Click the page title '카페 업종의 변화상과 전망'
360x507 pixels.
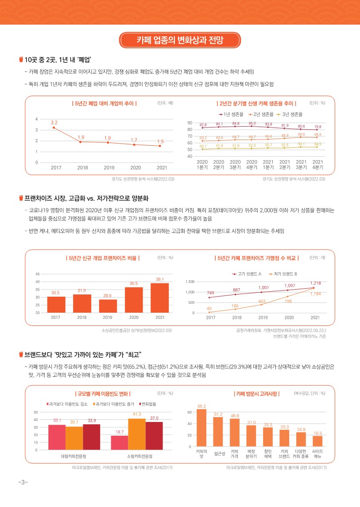[x=180, y=41]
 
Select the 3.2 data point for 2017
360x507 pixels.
[x=54, y=128]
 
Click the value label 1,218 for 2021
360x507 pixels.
[x=315, y=283]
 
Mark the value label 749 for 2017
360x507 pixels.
[x=210, y=293]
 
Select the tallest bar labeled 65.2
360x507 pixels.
[x=201, y=428]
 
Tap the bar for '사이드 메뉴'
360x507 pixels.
[x=317, y=443]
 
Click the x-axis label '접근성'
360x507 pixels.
[x=219, y=453]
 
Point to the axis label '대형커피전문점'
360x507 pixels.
[x=74, y=456]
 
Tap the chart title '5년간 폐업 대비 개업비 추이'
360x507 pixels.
[x=104, y=103]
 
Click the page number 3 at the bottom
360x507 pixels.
[x=20, y=482]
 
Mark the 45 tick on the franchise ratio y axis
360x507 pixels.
[x=37, y=274]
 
